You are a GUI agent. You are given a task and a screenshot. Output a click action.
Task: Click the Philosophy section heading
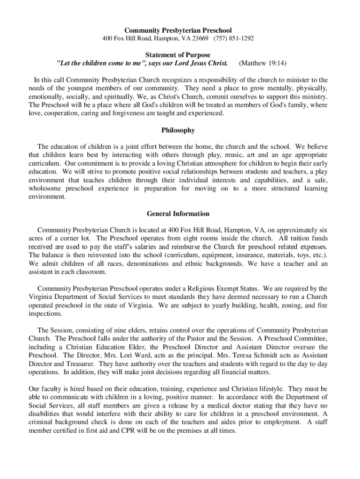pos(178,131)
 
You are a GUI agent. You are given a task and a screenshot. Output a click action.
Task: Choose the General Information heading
pos(178,214)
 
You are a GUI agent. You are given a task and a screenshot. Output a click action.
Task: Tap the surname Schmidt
pos(267,356)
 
